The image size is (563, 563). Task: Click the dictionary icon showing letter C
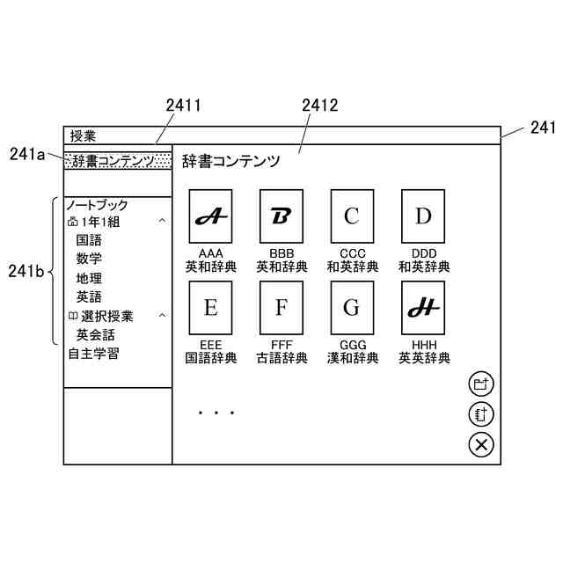click(x=352, y=216)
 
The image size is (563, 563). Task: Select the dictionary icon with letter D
click(x=423, y=216)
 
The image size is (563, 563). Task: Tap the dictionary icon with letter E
click(x=210, y=308)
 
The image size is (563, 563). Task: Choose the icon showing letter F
click(x=281, y=308)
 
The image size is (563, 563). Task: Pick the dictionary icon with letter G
click(x=352, y=308)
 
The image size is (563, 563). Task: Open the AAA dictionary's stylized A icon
click(x=210, y=216)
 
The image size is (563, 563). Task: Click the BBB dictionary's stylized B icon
click(x=281, y=216)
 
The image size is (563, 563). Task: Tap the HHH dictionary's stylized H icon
click(x=423, y=308)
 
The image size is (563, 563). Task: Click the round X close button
click(x=481, y=444)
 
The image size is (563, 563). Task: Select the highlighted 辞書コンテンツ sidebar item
click(x=118, y=161)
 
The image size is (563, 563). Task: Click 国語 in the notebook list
click(x=89, y=240)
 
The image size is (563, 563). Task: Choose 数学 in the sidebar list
click(x=89, y=259)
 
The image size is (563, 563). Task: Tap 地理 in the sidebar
click(x=89, y=278)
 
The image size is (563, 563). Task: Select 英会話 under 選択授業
click(x=95, y=335)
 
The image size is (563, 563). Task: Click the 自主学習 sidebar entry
click(x=94, y=355)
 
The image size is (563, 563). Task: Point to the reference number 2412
click(x=319, y=106)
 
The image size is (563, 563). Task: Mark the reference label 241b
click(x=26, y=271)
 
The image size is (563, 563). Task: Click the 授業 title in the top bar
click(x=83, y=135)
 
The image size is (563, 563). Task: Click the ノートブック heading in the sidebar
click(x=97, y=205)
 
